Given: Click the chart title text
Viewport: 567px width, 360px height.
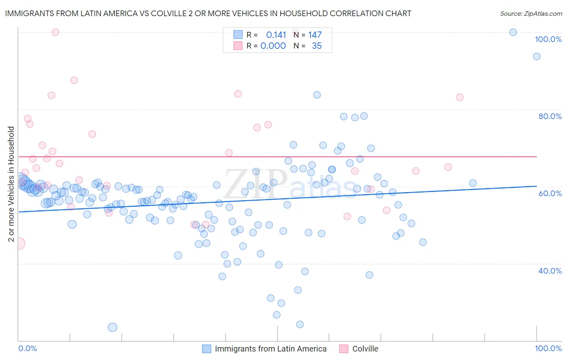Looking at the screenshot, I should point(208,13).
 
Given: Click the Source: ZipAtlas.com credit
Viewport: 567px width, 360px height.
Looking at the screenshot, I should point(531,13).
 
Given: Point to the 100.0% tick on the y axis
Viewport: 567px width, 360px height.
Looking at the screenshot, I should point(548,39).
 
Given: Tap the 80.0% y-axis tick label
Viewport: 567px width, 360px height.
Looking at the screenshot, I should point(550,116).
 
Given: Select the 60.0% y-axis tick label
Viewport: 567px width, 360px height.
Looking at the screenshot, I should point(550,193).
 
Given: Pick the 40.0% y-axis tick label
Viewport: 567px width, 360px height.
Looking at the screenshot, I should point(550,270).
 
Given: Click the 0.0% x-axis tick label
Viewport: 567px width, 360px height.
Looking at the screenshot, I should point(27,348).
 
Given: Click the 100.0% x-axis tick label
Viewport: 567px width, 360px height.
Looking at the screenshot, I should point(548,348).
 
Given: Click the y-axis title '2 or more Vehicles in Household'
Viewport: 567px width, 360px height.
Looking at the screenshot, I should point(11,184).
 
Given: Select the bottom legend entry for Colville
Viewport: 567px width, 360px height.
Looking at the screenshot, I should point(359,349).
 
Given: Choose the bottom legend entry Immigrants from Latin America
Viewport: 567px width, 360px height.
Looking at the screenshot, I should point(265,349).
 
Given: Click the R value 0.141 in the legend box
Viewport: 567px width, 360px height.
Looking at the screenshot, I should point(276,35).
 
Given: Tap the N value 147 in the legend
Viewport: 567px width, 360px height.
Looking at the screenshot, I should point(315,35).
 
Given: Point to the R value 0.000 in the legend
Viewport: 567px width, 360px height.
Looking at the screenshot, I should point(273,46).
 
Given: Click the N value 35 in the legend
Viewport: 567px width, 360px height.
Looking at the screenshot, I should point(317,46).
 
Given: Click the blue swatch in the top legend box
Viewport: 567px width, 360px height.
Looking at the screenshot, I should point(238,35).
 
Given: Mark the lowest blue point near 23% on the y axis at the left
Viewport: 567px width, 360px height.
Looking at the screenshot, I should point(113,327).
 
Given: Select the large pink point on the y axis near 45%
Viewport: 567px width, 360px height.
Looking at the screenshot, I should point(19,243).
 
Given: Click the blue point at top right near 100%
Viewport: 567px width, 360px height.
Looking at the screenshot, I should point(513,32).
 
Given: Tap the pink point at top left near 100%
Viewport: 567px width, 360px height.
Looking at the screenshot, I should point(56,32).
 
